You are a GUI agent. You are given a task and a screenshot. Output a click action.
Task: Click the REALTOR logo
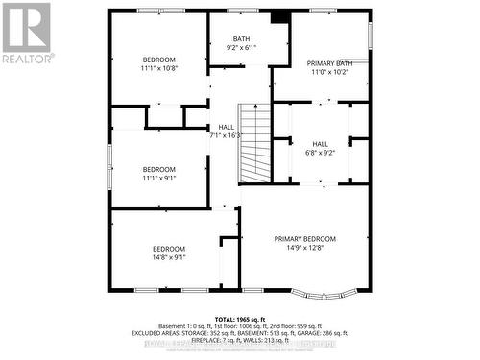pos(26,33)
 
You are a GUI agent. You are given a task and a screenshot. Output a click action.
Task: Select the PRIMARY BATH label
pos(323,61)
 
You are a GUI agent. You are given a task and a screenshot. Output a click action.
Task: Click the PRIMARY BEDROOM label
pos(305,239)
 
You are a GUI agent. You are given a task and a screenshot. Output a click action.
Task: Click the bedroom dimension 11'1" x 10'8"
pos(159,68)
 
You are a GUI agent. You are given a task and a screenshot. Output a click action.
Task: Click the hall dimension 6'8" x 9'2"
pos(321,152)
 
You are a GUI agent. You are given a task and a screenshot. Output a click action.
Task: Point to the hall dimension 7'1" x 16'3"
pos(227,135)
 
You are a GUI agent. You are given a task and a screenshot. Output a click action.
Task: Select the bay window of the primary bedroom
pos(319,292)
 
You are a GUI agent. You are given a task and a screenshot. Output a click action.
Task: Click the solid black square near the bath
pos(279,16)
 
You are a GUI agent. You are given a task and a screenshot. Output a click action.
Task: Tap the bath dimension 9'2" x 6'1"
pos(241,47)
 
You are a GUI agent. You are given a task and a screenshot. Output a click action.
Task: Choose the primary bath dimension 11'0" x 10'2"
pos(323,70)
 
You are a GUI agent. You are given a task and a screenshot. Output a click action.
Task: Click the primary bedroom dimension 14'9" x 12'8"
pos(305,248)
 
